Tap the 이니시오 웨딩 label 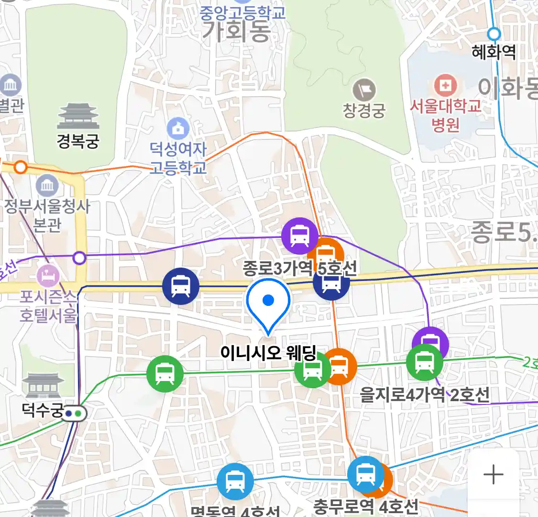pyautogui.click(x=268, y=353)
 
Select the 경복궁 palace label pyautogui.click(x=78, y=141)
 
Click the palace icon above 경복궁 pyautogui.click(x=78, y=116)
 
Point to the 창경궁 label pyautogui.click(x=364, y=111)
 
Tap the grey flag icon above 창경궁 pyautogui.click(x=364, y=90)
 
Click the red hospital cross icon pyautogui.click(x=445, y=86)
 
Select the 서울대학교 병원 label pyautogui.click(x=445, y=115)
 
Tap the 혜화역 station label pyautogui.click(x=494, y=52)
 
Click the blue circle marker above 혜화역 pyautogui.click(x=494, y=34)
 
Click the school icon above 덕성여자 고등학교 pyautogui.click(x=178, y=128)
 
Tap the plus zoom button pyautogui.click(x=493, y=475)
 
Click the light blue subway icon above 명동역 pyautogui.click(x=235, y=481)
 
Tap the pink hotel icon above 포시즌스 pyautogui.click(x=48, y=276)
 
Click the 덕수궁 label pyautogui.click(x=43, y=410)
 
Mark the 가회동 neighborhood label pyautogui.click(x=236, y=32)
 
